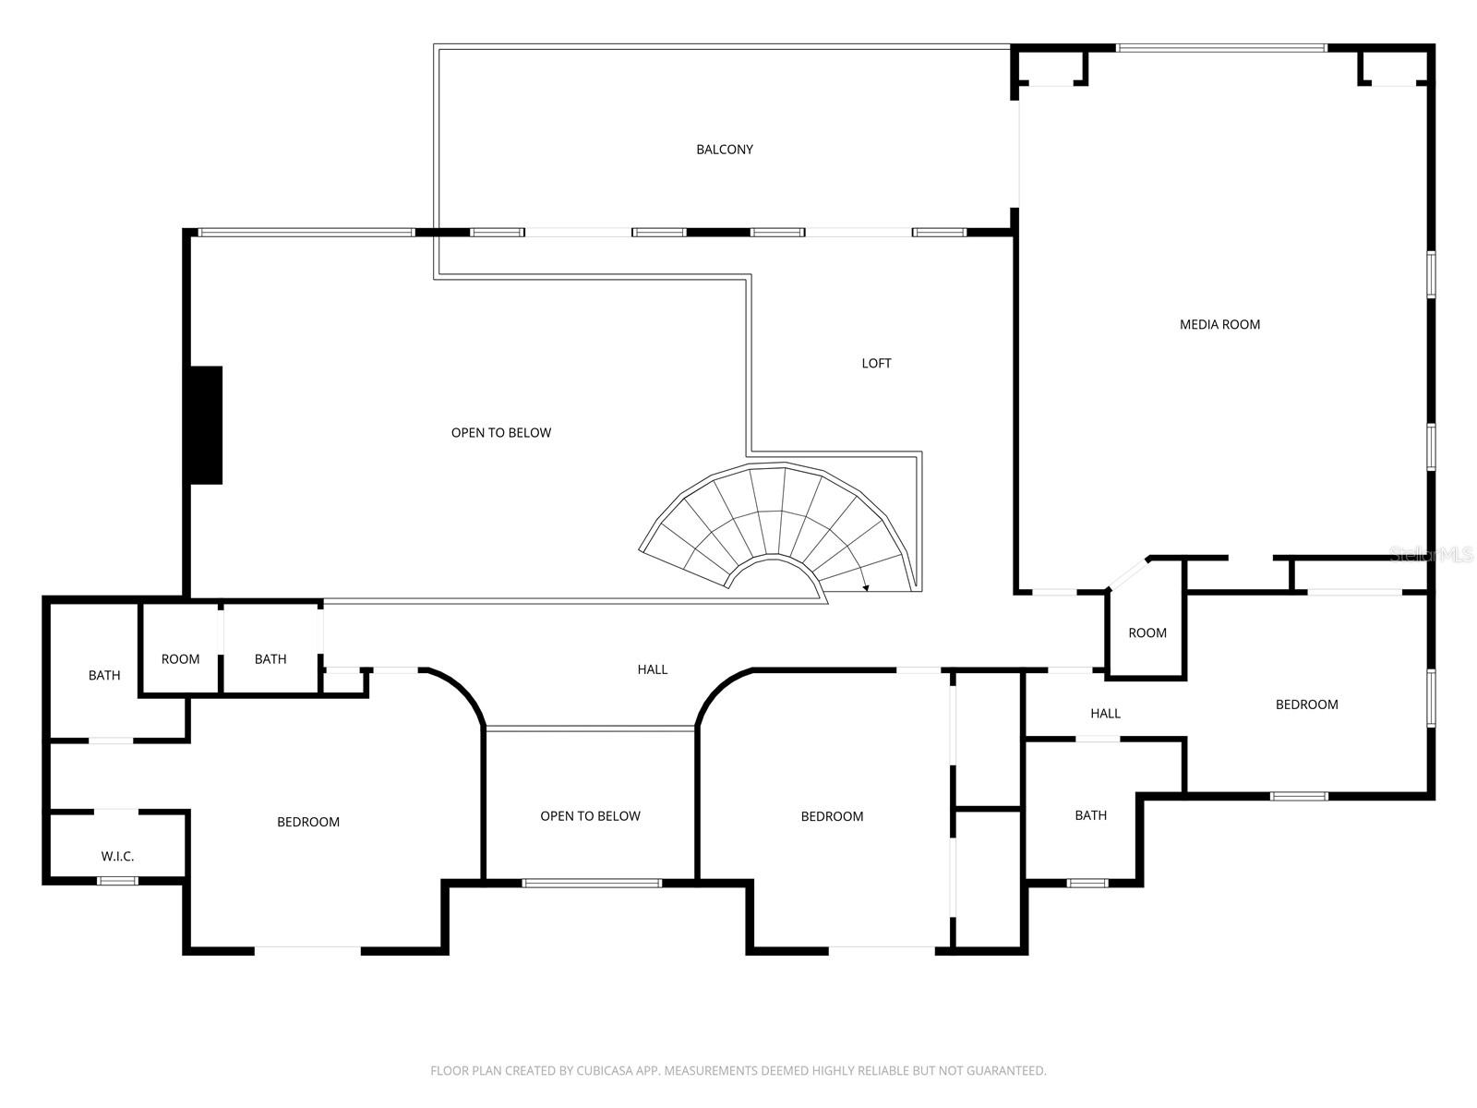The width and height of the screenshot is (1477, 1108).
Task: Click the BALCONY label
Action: (725, 150)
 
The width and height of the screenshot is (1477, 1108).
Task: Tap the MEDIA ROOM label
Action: (1219, 324)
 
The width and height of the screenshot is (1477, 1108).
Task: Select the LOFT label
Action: (876, 364)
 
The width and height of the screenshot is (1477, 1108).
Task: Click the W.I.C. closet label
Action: (117, 857)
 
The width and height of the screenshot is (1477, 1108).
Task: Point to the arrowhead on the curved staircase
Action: (866, 587)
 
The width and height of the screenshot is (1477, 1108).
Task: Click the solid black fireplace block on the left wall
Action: (206, 425)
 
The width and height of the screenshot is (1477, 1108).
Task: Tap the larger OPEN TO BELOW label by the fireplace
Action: (501, 433)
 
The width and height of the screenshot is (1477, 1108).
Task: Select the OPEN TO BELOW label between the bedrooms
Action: (590, 816)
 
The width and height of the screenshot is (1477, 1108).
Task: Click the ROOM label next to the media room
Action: (1147, 633)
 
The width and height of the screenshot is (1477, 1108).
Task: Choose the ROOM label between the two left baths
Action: (180, 659)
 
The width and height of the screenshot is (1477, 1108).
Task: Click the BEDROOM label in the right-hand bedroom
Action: (1306, 705)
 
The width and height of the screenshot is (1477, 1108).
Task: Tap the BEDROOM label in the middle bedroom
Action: (832, 816)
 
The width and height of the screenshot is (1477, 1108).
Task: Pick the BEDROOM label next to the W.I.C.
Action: (308, 822)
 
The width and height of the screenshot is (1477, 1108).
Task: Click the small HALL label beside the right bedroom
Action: (1105, 714)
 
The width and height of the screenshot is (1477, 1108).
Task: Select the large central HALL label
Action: (652, 669)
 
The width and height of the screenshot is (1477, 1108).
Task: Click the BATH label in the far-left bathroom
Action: (104, 676)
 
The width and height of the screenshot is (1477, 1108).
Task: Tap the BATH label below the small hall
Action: (1090, 815)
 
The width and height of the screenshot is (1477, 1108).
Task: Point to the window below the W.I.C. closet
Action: (117, 881)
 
